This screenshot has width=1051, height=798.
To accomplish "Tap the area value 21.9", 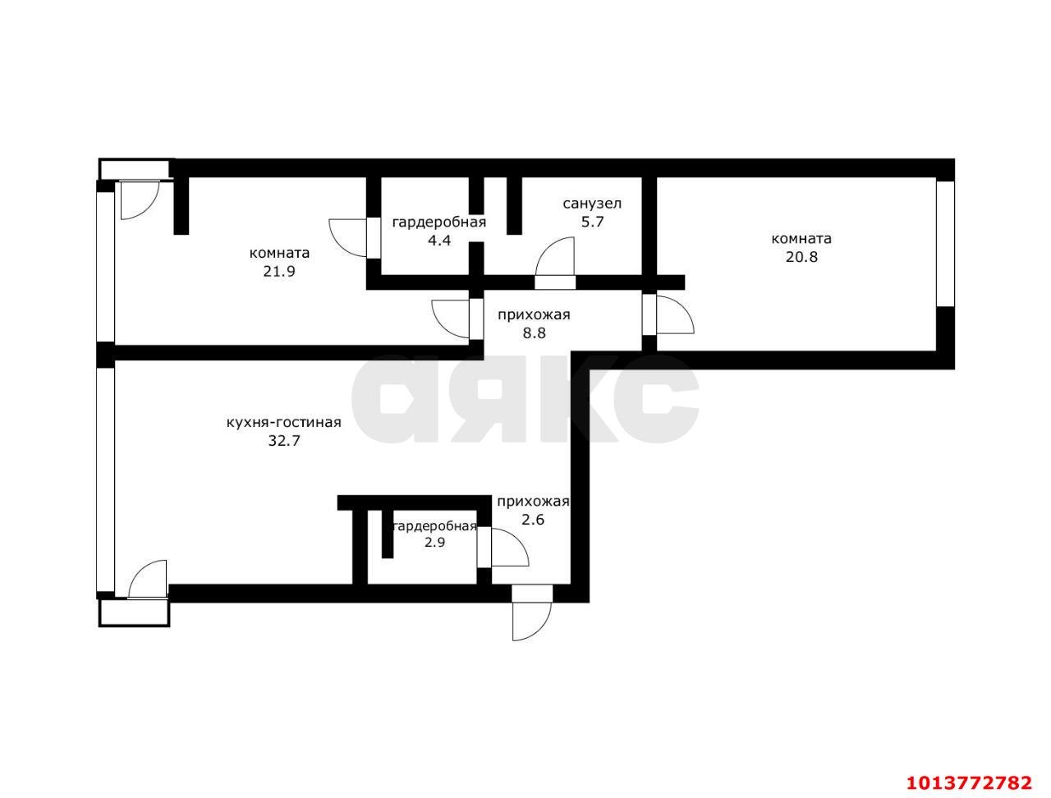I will point(279,271).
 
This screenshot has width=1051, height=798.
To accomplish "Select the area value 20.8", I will point(801,256).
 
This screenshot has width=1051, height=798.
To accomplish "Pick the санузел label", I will point(591,204).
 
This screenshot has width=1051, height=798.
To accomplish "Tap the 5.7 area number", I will point(591,222).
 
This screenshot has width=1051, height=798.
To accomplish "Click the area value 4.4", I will point(439,241).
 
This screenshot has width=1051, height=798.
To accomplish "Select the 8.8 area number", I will point(534,333).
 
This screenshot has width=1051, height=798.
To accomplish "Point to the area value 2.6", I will point(533,519).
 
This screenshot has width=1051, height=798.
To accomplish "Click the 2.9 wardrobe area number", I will point(434,542).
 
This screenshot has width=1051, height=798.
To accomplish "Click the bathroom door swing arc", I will point(555,256).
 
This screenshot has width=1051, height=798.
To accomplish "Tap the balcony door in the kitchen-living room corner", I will point(146,579).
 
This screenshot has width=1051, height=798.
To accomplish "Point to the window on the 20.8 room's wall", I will point(946,243).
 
